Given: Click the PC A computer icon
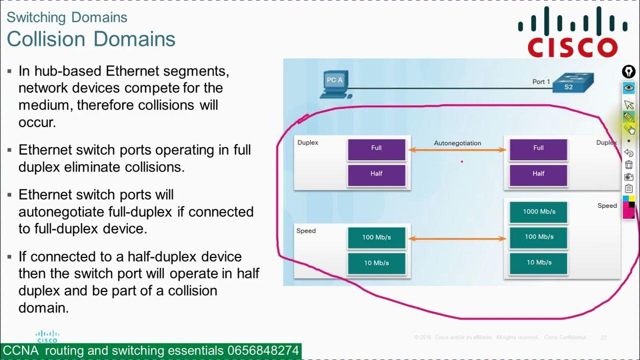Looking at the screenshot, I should point(333,85).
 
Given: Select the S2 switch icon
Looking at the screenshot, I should point(572,83).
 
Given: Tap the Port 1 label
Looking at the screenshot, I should point(541,81).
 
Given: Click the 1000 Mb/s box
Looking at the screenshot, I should point(538,211).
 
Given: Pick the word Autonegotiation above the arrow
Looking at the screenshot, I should point(457,143).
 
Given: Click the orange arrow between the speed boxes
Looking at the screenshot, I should point(457,239).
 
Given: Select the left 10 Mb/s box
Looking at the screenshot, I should point(376,263).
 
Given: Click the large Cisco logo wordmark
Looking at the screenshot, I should point(572,47).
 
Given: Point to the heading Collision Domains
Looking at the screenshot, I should point(91,39).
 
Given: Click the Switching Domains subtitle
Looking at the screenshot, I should point(67,17).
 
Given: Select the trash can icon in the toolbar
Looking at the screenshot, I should point(628,164).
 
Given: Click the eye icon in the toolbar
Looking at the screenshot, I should point(628,88).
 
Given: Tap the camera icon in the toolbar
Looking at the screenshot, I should point(628,176).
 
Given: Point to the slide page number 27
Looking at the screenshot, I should point(603,337).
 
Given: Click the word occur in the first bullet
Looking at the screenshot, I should point(36,122).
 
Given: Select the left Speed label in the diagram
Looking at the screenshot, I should point(306,231).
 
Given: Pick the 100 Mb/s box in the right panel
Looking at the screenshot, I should point(538,237).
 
